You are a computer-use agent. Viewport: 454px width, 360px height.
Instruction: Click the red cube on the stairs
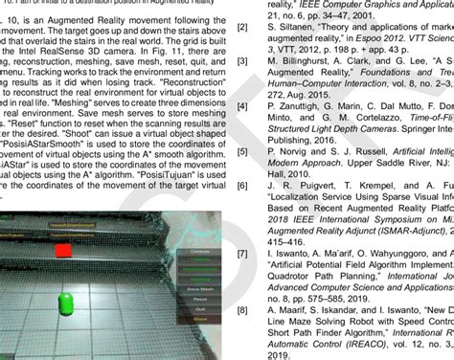click(62, 224)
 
